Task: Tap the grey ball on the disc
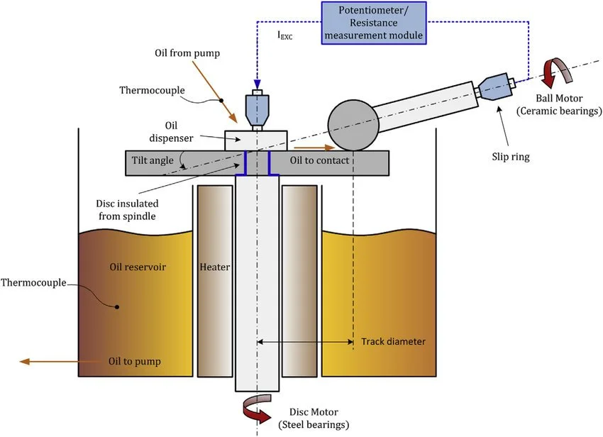(x=353, y=126)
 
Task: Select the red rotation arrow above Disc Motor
(x=258, y=410)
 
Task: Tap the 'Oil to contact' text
(x=319, y=161)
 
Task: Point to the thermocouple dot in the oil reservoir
(x=118, y=307)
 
